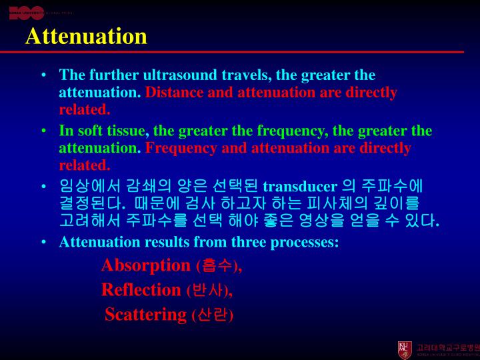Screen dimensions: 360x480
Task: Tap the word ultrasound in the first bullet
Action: point(167,75)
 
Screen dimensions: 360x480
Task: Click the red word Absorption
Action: point(146,265)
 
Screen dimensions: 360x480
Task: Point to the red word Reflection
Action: point(141,290)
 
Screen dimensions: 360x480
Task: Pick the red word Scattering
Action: point(145,315)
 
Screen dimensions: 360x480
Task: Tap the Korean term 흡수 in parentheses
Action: point(217,266)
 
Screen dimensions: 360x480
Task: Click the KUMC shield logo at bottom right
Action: point(405,349)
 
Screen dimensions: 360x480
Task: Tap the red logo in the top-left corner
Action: point(27,13)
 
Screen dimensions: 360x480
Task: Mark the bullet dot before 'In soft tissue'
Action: point(43,131)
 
